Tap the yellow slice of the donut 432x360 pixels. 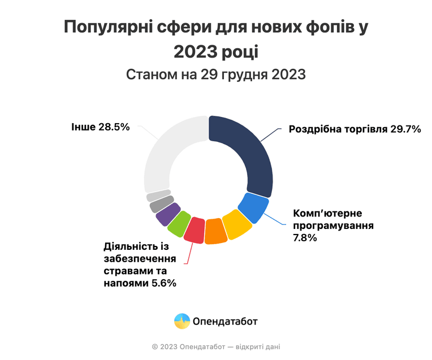coord(236,224)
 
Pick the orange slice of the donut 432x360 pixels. coord(215,231)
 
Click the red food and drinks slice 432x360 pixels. coord(194,229)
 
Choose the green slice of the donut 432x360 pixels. coord(179,223)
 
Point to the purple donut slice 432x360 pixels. coord(168,214)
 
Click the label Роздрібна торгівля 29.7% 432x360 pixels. coord(355,129)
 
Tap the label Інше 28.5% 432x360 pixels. coord(101,127)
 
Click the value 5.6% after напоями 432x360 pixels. coord(164,283)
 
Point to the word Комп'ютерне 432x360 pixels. coord(327,213)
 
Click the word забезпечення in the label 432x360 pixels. coord(140,259)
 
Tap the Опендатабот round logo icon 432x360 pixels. coord(182,321)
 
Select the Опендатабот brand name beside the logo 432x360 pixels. coord(225,322)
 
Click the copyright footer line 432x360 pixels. coord(216,347)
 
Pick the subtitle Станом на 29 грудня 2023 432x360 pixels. coord(216,75)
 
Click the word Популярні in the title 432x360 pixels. coord(108,27)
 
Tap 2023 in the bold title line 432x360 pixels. coord(196,52)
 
